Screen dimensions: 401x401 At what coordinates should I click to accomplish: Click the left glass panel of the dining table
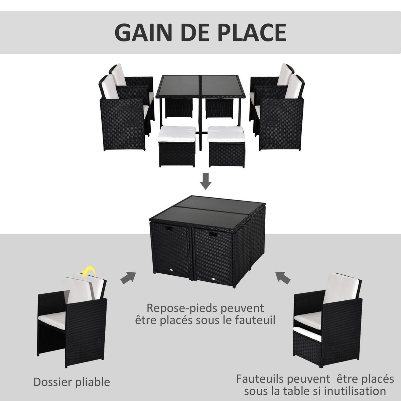pyautogui.click(x=179, y=86)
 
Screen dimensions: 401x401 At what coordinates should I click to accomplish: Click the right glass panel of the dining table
pyautogui.click(x=223, y=86)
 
